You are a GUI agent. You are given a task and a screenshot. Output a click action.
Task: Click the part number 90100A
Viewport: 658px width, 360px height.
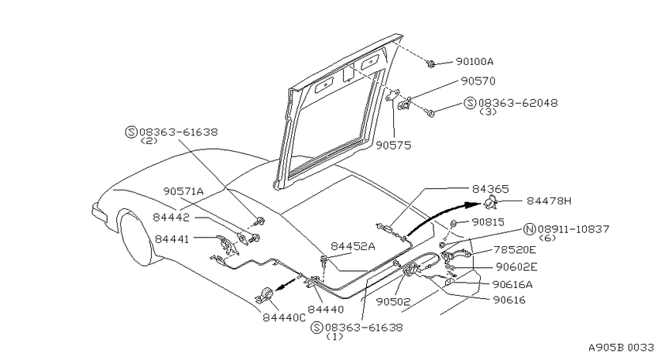(x=475, y=62)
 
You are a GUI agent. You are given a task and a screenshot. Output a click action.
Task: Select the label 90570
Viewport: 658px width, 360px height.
(x=478, y=81)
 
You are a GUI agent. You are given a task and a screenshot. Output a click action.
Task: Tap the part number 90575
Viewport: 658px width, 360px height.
(x=393, y=146)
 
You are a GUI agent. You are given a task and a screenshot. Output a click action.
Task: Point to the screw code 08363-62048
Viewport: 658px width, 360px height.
(x=518, y=103)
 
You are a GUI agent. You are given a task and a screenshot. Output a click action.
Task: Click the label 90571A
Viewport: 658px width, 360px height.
(x=183, y=191)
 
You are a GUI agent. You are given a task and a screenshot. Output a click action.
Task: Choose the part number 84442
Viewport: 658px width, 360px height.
(x=171, y=218)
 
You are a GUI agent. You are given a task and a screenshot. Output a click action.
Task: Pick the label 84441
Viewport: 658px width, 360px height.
(x=172, y=238)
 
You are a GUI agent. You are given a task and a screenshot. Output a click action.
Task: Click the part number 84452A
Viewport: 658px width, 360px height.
(x=353, y=246)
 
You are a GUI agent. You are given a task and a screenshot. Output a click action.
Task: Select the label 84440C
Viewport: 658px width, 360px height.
(x=284, y=317)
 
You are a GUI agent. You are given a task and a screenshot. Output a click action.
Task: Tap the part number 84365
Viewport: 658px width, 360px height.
(x=490, y=189)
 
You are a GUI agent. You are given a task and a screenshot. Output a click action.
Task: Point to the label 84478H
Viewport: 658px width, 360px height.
(x=549, y=201)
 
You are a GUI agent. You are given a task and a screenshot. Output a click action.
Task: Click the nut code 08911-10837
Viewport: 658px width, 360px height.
(x=573, y=229)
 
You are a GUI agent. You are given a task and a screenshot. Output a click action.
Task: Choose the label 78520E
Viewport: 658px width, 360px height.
(x=515, y=250)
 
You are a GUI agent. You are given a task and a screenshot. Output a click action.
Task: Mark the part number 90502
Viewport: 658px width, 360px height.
(x=393, y=301)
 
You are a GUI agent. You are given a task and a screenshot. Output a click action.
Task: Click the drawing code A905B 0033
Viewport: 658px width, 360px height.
(x=621, y=348)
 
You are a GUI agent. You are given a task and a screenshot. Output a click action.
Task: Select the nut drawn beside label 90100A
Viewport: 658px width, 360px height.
(x=430, y=63)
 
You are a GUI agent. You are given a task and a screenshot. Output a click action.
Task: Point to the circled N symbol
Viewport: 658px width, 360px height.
(x=530, y=229)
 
